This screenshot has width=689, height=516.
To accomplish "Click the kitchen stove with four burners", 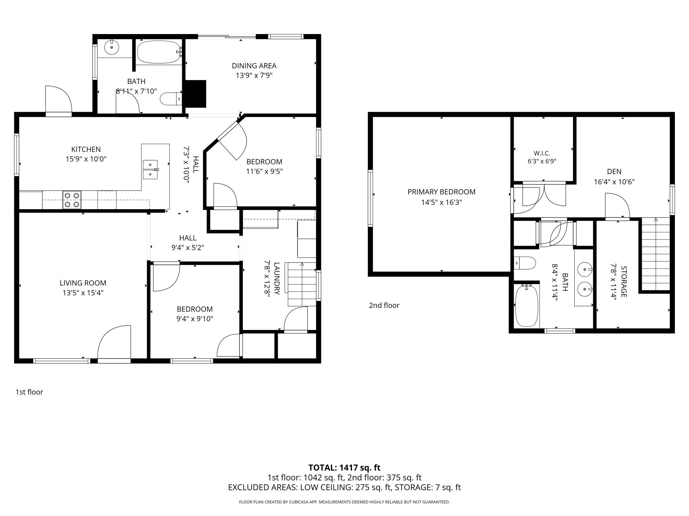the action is coord(72,200).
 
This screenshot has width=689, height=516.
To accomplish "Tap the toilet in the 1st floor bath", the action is coord(171,99).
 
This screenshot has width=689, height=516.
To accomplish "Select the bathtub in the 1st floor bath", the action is coord(159,52).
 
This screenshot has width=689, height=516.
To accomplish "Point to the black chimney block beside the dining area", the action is coord(196,94).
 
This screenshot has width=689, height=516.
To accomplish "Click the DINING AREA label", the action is coord(254,66).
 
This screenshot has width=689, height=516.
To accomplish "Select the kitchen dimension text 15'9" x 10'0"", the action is coord(86,159).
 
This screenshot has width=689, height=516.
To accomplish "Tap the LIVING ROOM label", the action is coord(83,283).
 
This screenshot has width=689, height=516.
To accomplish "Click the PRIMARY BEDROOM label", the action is coord(442,192).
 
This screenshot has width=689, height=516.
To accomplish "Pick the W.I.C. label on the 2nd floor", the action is coord(542,153).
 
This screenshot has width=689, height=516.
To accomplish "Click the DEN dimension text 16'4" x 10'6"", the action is coord(614,182).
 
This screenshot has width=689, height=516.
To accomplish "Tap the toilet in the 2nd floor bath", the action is coord(525,264).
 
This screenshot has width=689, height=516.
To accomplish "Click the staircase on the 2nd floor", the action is coord(656,254).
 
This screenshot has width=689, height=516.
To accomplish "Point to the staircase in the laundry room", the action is coord(302,284).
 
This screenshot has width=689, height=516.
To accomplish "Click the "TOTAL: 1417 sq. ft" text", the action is coord(344,467).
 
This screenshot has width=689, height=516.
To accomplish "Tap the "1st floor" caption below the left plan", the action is coord(29,392).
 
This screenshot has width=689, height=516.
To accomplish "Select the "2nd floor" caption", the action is coord(384,305).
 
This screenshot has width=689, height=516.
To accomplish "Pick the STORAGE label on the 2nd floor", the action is coord(624,281).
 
